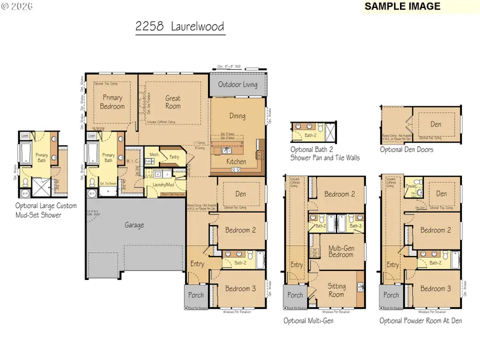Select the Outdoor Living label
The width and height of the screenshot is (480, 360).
tap(237, 85)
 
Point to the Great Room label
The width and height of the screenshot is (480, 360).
tap(173, 102)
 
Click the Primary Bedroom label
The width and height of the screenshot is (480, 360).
tap(113, 102)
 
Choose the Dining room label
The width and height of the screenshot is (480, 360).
tap(237, 116)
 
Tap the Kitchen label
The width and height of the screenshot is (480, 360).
tap(236, 162)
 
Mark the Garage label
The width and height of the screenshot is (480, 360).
tap(134, 225)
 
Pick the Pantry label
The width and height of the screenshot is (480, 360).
tap(173, 157)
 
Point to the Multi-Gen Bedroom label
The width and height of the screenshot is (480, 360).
tap(340, 251)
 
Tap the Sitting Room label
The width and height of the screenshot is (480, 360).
tap(336, 290)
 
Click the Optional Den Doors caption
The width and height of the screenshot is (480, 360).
tap(406, 150)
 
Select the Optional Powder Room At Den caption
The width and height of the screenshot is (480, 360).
tap(421, 321)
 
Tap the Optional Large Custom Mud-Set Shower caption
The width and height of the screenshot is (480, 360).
tap(46, 210)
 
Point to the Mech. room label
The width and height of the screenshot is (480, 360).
tap(154, 155)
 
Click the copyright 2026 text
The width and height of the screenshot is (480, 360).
tap(17, 6)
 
